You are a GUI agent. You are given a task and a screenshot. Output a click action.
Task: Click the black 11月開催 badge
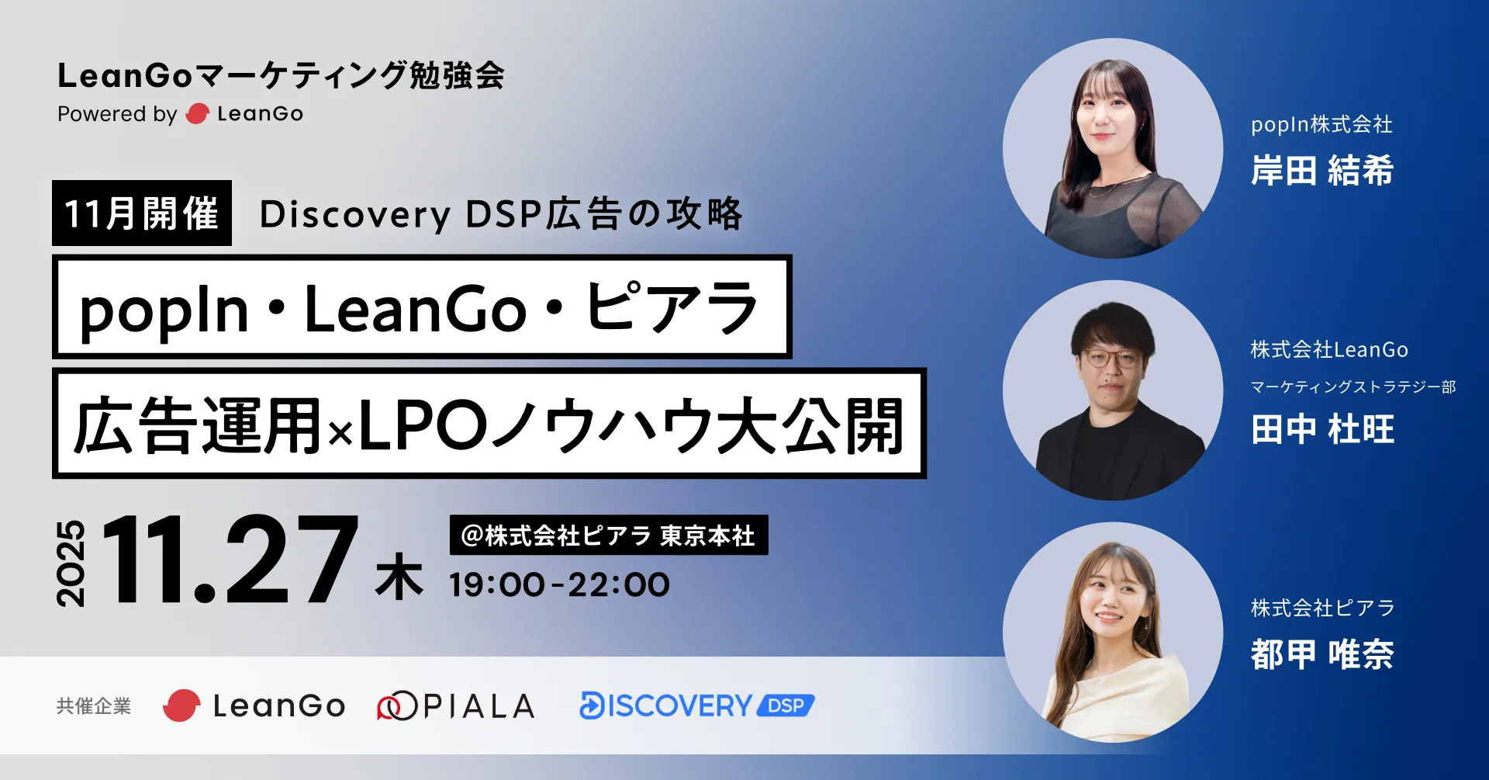coord(142,213)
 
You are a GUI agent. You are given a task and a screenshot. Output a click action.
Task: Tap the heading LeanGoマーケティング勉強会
coord(282,75)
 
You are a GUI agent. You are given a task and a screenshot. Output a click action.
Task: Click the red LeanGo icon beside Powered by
coord(198,114)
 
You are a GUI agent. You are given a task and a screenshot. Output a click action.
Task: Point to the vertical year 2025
coord(71,563)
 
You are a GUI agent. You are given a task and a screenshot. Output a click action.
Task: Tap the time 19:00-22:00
coord(559,584)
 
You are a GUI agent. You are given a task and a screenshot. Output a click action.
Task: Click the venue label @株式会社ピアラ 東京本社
coord(609,535)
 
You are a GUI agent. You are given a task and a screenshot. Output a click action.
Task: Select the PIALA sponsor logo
coord(456,705)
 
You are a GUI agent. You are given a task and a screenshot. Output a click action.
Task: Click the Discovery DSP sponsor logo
coord(697,705)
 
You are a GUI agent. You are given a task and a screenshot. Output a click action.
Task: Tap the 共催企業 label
coord(94,706)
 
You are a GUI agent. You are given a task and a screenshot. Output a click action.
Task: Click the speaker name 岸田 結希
coord(1322,170)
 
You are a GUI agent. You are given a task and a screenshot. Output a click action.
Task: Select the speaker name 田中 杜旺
coord(1322,429)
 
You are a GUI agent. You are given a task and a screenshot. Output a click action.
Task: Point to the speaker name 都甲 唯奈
coord(1322,654)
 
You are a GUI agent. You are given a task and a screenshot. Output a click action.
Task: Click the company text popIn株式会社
coord(1321,124)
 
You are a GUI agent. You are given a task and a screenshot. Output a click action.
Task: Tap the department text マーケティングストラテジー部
coord(1353,387)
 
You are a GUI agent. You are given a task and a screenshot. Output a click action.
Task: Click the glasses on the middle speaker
coord(1111,359)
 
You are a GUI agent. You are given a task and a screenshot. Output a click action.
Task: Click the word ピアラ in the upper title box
coord(672,307)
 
